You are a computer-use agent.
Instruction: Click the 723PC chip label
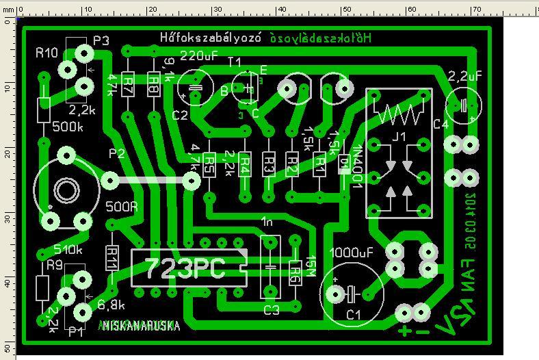tap(185, 268)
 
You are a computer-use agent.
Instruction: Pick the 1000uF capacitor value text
tap(351, 251)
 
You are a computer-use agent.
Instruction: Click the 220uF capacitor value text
tap(199, 55)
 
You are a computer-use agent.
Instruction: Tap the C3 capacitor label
tap(272, 310)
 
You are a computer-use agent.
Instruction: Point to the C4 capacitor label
tap(441, 125)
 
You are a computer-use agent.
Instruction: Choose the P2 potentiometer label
tap(116, 154)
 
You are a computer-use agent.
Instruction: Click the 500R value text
tap(122, 205)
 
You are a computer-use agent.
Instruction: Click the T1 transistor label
tap(235, 62)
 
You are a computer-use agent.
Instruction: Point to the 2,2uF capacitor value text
tap(465, 74)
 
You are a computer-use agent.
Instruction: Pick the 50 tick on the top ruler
tap(347, 10)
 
